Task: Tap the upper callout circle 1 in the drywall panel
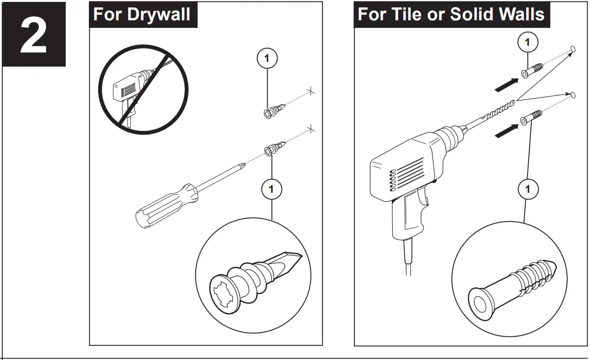[x=267, y=59]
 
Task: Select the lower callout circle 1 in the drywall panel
[x=271, y=189]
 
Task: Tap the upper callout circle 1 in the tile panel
[x=528, y=43]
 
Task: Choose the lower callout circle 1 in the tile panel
[x=528, y=190]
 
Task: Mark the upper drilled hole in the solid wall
[x=573, y=49]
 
